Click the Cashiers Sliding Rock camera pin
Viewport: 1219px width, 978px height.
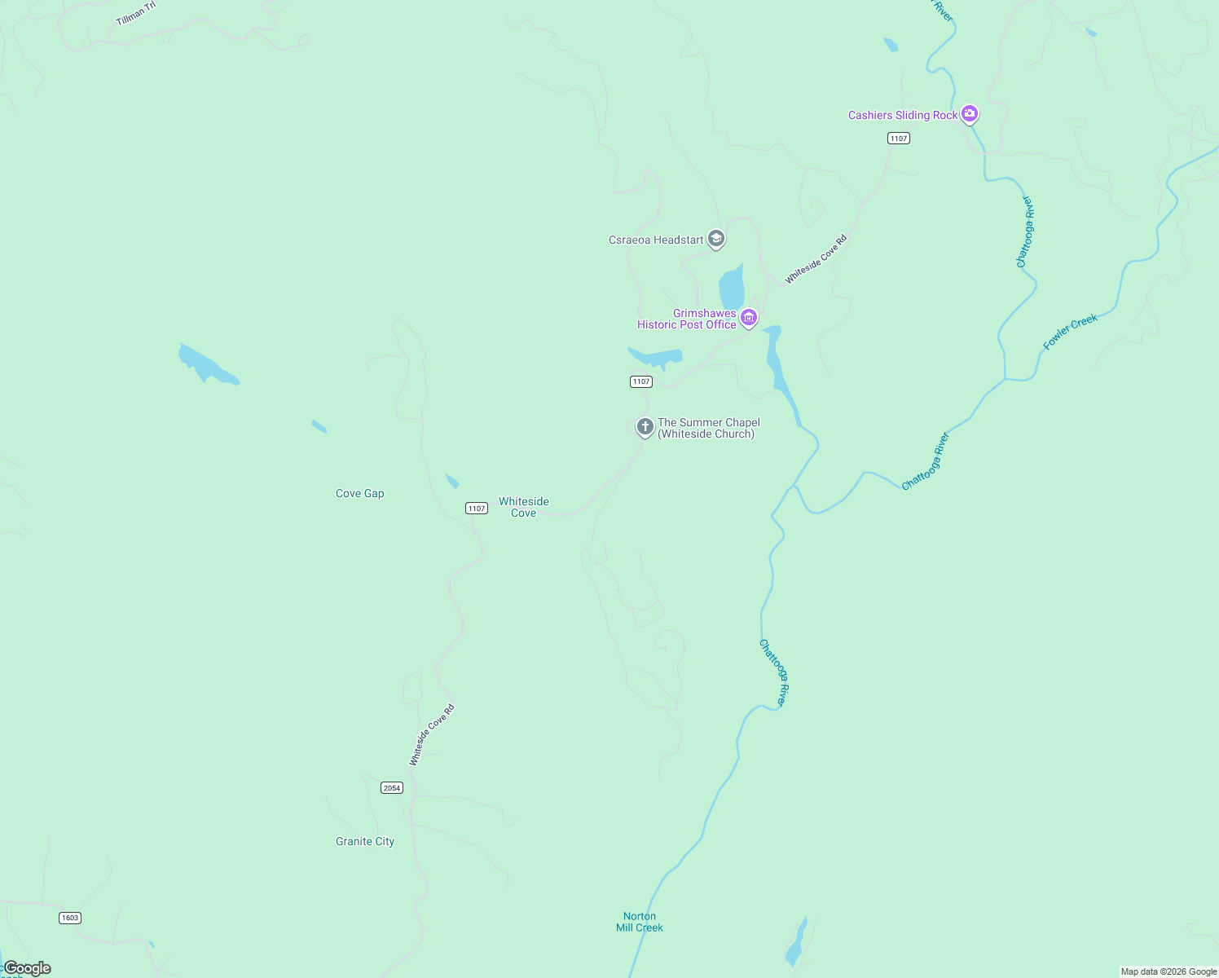point(969,114)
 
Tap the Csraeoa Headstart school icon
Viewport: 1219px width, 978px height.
point(716,239)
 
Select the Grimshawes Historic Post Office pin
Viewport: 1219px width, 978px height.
point(749,317)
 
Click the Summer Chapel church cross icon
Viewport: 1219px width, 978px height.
point(645,426)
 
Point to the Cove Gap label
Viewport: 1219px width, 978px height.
point(359,493)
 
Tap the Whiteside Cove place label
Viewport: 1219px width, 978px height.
point(524,507)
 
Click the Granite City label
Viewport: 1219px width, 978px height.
point(365,841)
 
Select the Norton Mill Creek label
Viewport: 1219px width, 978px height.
point(640,922)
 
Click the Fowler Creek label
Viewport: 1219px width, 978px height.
point(1070,332)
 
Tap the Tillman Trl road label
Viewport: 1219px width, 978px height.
point(135,13)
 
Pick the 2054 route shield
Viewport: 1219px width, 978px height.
point(392,787)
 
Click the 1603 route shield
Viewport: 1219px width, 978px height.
point(70,918)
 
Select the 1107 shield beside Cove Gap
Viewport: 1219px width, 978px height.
point(477,508)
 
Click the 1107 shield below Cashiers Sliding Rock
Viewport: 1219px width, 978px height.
point(899,138)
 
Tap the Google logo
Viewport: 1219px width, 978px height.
point(28,968)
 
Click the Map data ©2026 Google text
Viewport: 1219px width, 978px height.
point(1168,971)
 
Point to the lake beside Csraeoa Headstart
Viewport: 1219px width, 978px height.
point(732,288)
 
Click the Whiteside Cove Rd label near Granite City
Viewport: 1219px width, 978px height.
point(432,734)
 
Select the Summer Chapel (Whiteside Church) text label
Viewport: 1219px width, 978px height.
point(708,428)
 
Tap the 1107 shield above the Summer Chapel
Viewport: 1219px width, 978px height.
point(641,381)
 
